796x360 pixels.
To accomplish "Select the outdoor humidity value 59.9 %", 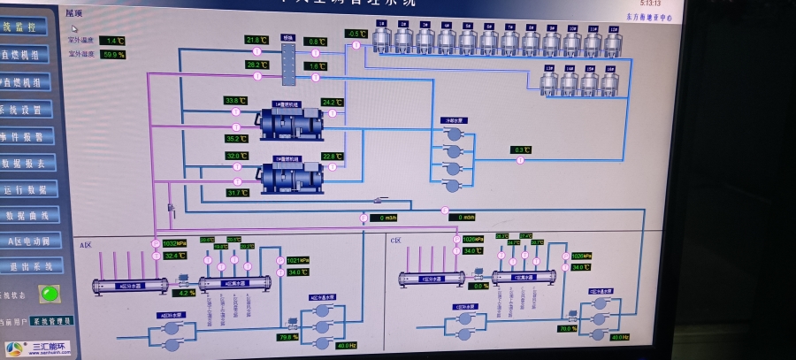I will pyautogui.click(x=112, y=55).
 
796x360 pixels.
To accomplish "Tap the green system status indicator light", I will pyautogui.click(x=50, y=293).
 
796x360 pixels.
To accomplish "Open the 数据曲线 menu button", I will pyautogui.click(x=30, y=215).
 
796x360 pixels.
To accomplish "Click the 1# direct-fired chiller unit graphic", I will pyautogui.click(x=291, y=122).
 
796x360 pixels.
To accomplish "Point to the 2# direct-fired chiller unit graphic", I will pyautogui.click(x=291, y=176).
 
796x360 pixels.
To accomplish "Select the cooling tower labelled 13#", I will pyautogui.click(x=549, y=82).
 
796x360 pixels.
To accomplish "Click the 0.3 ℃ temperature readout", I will pyautogui.click(x=521, y=150).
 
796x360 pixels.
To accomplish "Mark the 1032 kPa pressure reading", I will pyautogui.click(x=174, y=243).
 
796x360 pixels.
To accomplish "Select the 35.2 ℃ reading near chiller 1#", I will pyautogui.click(x=236, y=139).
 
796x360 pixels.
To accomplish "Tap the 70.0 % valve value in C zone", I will pyautogui.click(x=567, y=329).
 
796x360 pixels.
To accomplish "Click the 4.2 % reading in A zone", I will pyautogui.click(x=184, y=293).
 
